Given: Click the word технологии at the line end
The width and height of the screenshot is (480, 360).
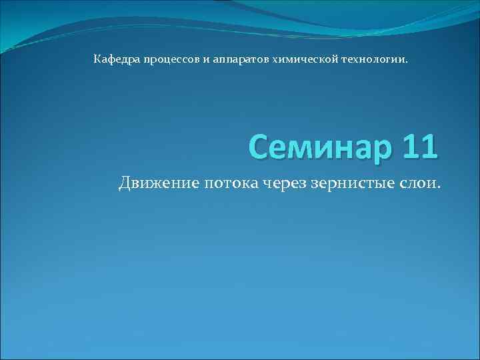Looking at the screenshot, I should (x=375, y=60).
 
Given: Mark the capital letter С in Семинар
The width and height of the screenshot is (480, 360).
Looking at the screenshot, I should (x=259, y=146).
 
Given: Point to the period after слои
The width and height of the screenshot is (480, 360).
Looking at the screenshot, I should (x=439, y=188).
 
